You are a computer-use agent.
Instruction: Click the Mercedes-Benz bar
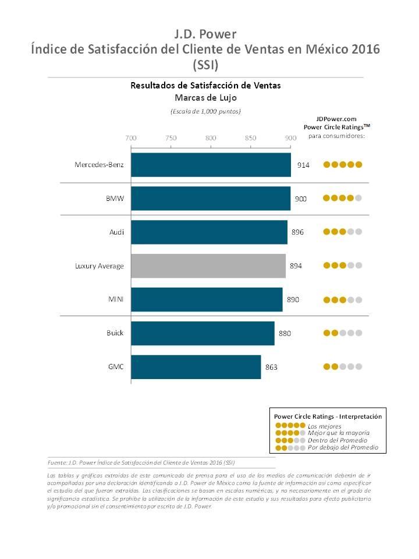211,165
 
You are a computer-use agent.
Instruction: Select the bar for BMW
211,199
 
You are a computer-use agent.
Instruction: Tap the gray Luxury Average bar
208,266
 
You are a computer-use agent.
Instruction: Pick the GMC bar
196,367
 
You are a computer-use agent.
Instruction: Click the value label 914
303,165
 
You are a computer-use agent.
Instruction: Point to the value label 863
272,367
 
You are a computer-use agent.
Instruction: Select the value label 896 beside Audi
297,232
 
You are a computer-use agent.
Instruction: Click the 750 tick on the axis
171,138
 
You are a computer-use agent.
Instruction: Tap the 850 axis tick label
251,138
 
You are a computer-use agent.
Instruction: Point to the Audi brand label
116,232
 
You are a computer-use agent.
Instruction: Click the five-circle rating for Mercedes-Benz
343,165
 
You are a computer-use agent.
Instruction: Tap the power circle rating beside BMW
343,198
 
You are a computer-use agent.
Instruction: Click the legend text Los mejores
324,426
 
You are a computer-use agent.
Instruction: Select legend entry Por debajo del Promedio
343,447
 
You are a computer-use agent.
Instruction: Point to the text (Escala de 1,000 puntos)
205,111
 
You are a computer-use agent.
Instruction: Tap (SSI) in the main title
205,63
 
